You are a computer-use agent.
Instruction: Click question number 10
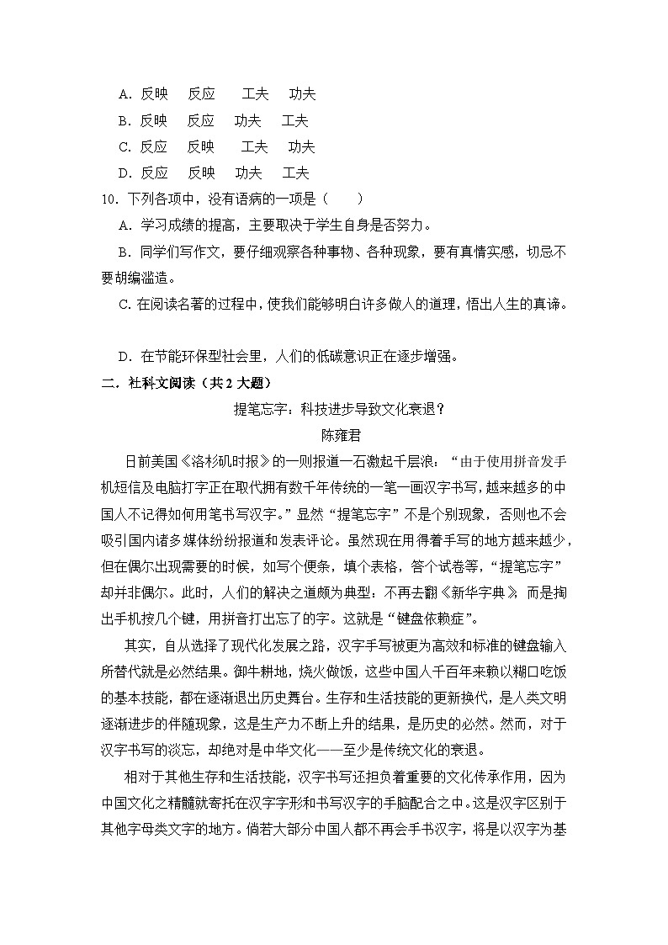click(x=108, y=199)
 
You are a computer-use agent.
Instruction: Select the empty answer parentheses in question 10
click(x=347, y=199)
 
